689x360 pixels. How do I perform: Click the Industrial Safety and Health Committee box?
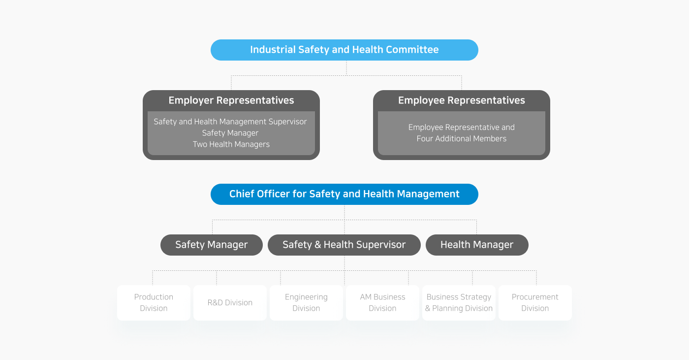pyautogui.click(x=344, y=50)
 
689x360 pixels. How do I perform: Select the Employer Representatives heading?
pyautogui.click(x=231, y=100)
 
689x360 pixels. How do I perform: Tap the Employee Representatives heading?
pyautogui.click(x=462, y=100)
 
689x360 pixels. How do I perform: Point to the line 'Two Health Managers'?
pyautogui.click(x=231, y=144)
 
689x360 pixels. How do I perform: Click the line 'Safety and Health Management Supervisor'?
pyautogui.click(x=230, y=122)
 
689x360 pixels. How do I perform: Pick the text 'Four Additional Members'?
pyautogui.click(x=462, y=138)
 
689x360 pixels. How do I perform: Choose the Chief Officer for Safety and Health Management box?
pyautogui.click(x=344, y=194)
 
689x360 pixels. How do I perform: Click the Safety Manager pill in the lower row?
pyautogui.click(x=212, y=245)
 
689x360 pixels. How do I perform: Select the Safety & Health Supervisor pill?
pyautogui.click(x=344, y=245)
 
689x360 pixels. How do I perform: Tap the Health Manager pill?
pyautogui.click(x=477, y=245)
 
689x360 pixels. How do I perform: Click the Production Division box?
pyautogui.click(x=154, y=303)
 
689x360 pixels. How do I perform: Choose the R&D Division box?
pyautogui.click(x=230, y=303)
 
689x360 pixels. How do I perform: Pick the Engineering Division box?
pyautogui.click(x=306, y=303)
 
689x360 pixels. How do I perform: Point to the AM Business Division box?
pyautogui.click(x=383, y=303)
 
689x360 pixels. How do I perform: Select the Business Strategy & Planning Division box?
pyautogui.click(x=459, y=303)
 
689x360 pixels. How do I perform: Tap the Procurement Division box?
pyautogui.click(x=535, y=303)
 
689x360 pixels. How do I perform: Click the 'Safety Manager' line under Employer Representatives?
pyautogui.click(x=230, y=133)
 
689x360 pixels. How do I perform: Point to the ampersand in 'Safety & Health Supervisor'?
pyautogui.click(x=318, y=245)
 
